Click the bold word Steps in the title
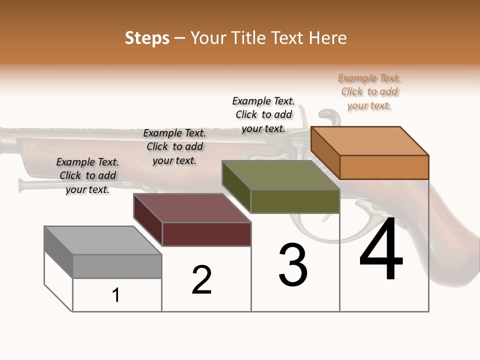tap(147, 38)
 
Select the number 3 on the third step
tap(293, 265)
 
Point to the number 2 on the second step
tap(202, 280)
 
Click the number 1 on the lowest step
tap(116, 295)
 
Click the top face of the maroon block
tap(192, 208)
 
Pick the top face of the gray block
tap(103, 240)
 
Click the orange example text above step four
tap(369, 92)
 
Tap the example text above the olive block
tap(263, 114)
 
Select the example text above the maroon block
tap(174, 146)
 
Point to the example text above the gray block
tap(87, 175)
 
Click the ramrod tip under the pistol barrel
tap(22, 185)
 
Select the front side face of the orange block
tap(384, 167)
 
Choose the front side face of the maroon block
tap(206, 234)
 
